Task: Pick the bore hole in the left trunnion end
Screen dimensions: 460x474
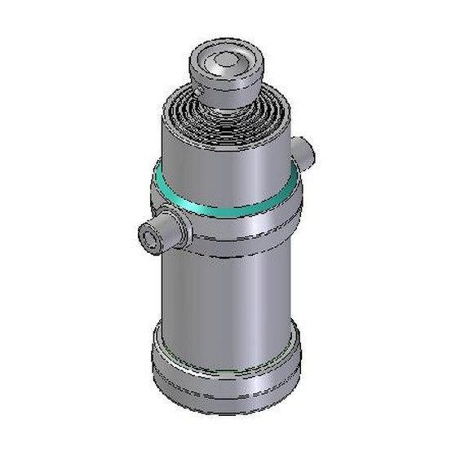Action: (x=148, y=237)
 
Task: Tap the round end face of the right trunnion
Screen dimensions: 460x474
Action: (x=309, y=152)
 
